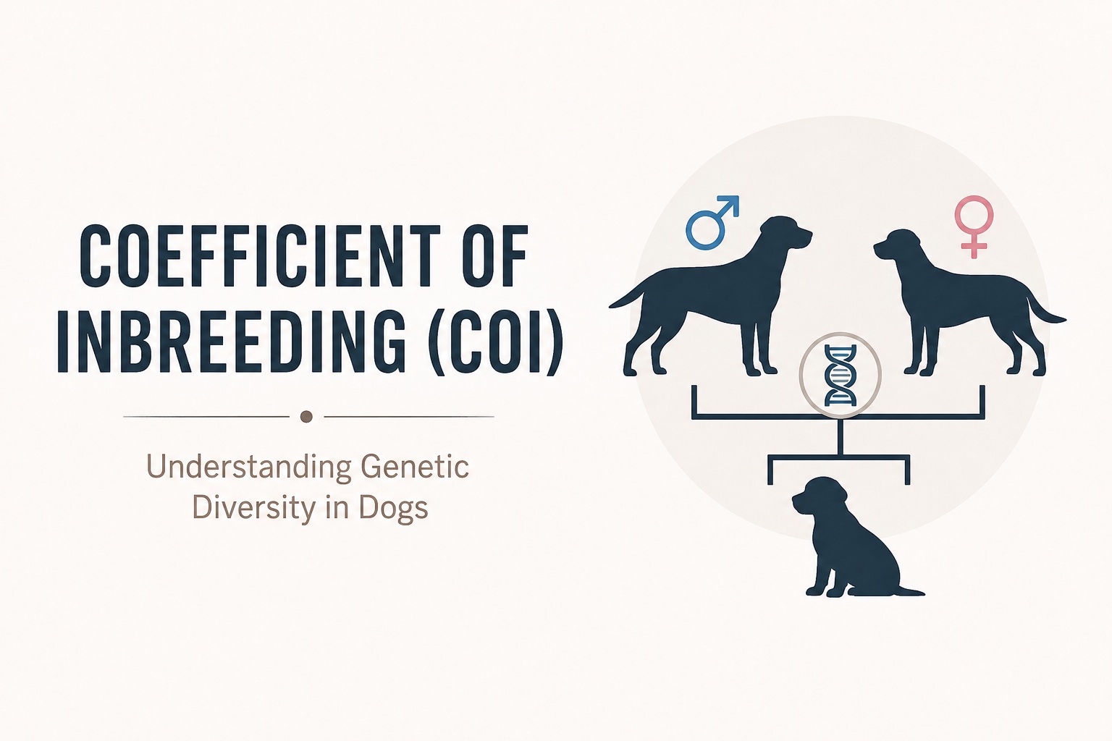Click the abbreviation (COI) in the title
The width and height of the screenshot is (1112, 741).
coord(495,342)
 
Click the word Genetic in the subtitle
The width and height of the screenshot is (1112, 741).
coord(415,467)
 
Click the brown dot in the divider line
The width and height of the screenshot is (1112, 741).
coord(306,416)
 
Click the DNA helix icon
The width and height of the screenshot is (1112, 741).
coord(840,376)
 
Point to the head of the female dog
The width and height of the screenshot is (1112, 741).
coord(899,246)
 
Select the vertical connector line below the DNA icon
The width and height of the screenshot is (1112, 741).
coord(840,436)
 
